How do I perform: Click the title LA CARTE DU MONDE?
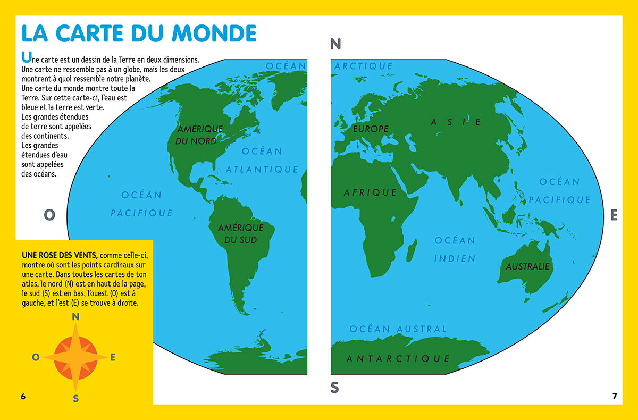139,33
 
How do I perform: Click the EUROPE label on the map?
371,129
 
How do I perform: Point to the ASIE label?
456,122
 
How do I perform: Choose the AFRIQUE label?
371,192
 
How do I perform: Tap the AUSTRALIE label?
527,267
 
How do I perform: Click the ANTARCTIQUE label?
398,359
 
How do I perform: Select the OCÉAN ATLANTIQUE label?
262,160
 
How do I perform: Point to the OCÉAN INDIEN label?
455,249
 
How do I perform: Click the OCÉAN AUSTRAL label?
398,329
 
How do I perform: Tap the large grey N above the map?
335,45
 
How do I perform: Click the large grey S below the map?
334,388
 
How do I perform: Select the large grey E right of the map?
614,215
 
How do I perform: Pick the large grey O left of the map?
49,215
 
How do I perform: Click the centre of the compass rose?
75,357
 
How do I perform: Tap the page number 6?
23,397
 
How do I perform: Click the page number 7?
615,396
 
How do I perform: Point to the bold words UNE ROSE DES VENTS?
60,255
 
